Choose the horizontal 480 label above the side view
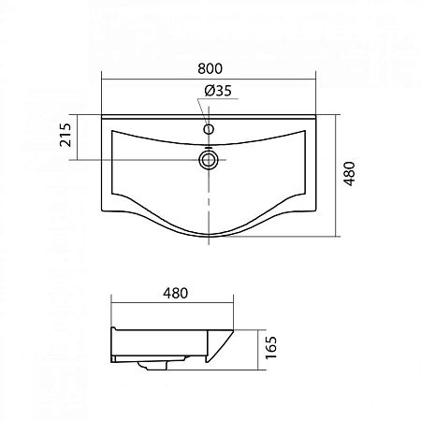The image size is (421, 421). pos(172,292)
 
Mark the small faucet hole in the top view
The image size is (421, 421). pos(209,129)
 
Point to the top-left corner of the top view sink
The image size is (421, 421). pos(101,115)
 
